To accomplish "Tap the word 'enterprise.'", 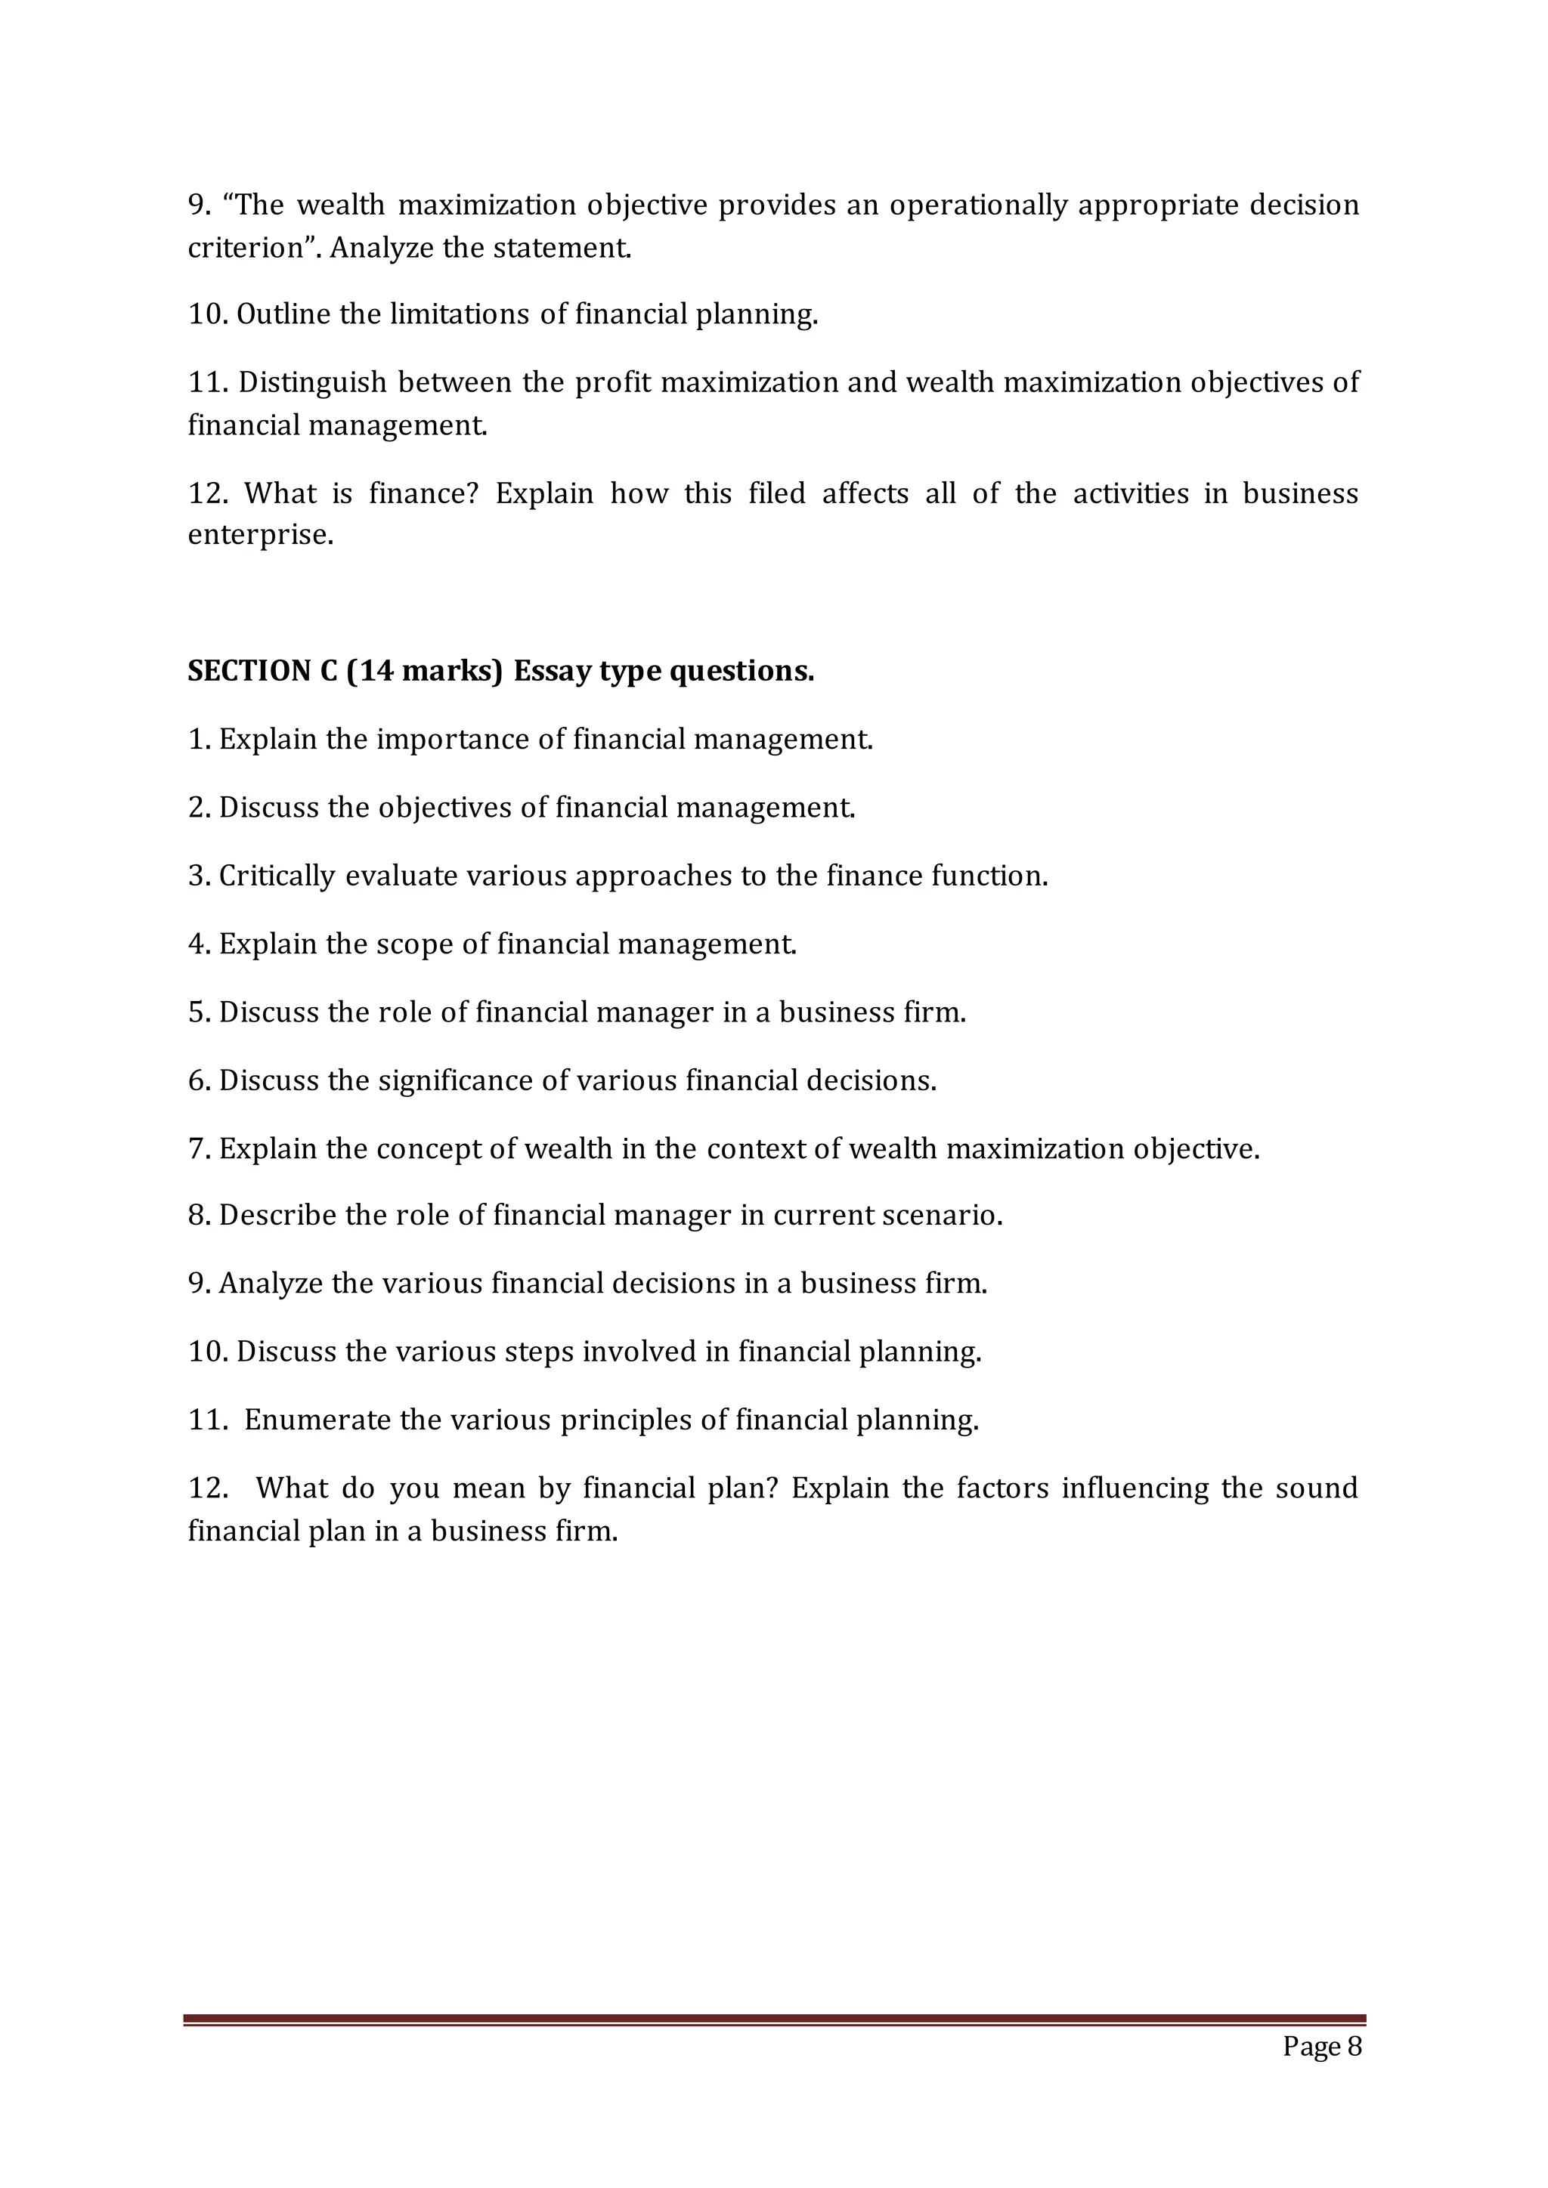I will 260,536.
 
